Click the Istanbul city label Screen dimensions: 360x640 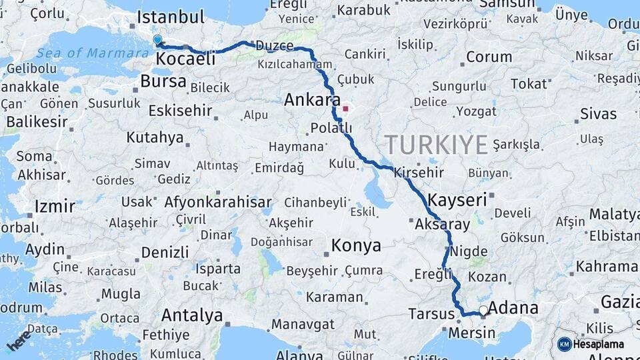(x=171, y=17)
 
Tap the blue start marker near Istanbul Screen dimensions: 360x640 (x=157, y=40)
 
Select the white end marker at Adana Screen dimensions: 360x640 (x=483, y=310)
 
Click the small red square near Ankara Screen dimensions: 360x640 (x=345, y=109)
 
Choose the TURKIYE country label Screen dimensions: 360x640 (x=436, y=145)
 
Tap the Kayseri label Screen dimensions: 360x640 (x=457, y=200)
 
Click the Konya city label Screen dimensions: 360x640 (x=356, y=245)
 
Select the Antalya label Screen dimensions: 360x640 (x=192, y=315)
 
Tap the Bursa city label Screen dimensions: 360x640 (x=163, y=82)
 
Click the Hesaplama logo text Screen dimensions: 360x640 (x=598, y=345)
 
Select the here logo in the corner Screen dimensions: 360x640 (x=18, y=339)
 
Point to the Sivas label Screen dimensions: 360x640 (x=598, y=114)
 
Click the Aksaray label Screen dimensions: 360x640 (x=442, y=225)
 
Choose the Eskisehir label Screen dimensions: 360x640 (x=180, y=110)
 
